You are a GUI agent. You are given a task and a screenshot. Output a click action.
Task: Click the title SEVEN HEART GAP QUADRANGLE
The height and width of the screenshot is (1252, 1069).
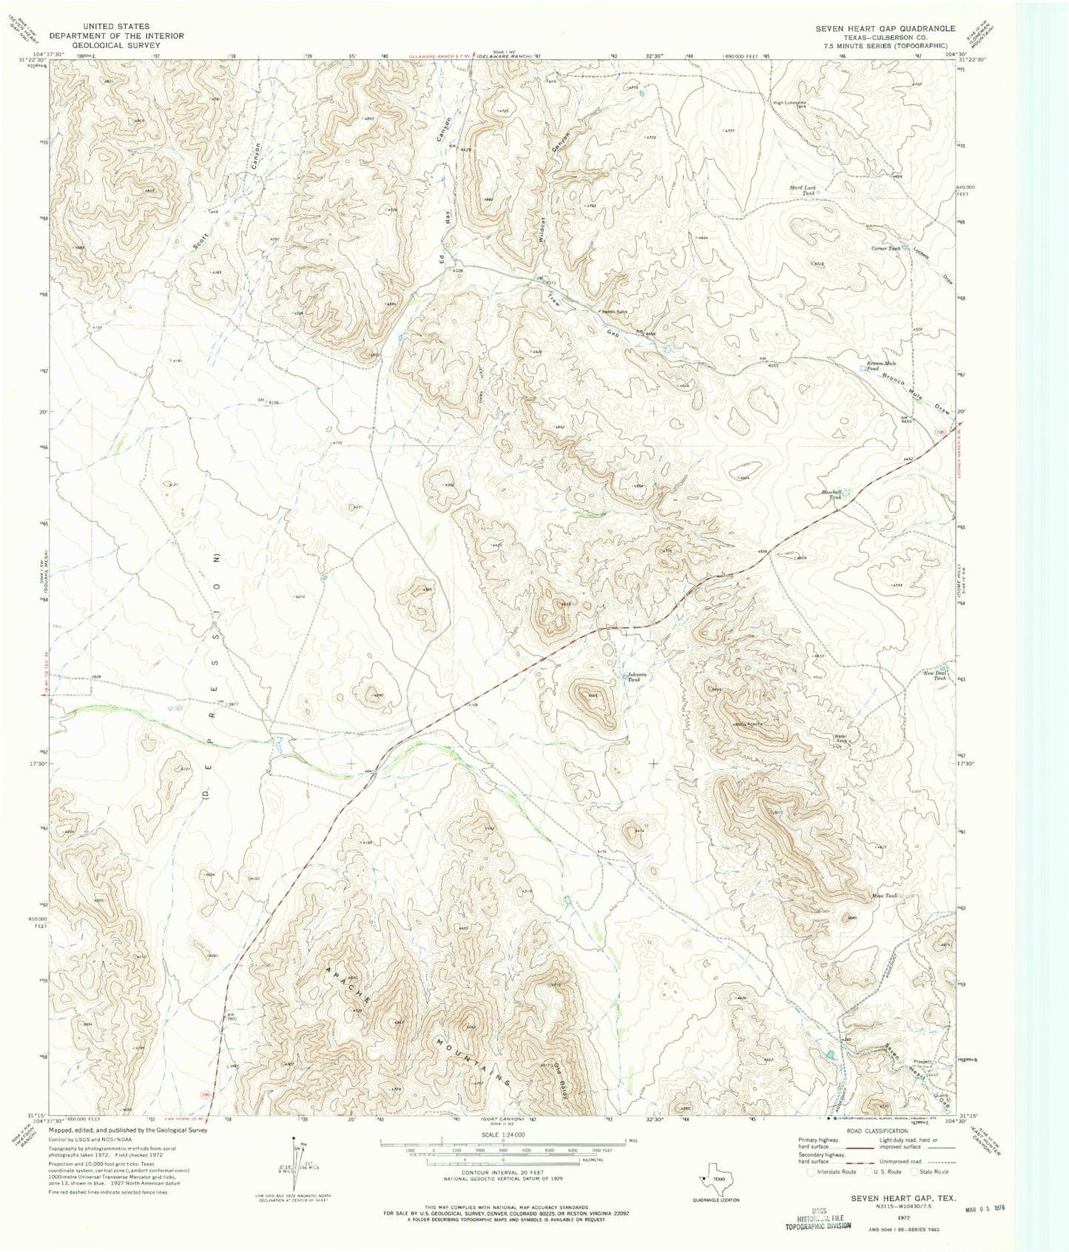(885, 29)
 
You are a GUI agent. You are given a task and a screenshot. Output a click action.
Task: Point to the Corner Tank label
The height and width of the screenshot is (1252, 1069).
(886, 249)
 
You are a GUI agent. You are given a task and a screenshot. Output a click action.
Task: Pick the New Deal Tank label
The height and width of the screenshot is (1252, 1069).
(934, 675)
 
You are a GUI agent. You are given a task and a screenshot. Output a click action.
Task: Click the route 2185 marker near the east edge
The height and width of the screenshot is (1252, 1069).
(940, 431)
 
